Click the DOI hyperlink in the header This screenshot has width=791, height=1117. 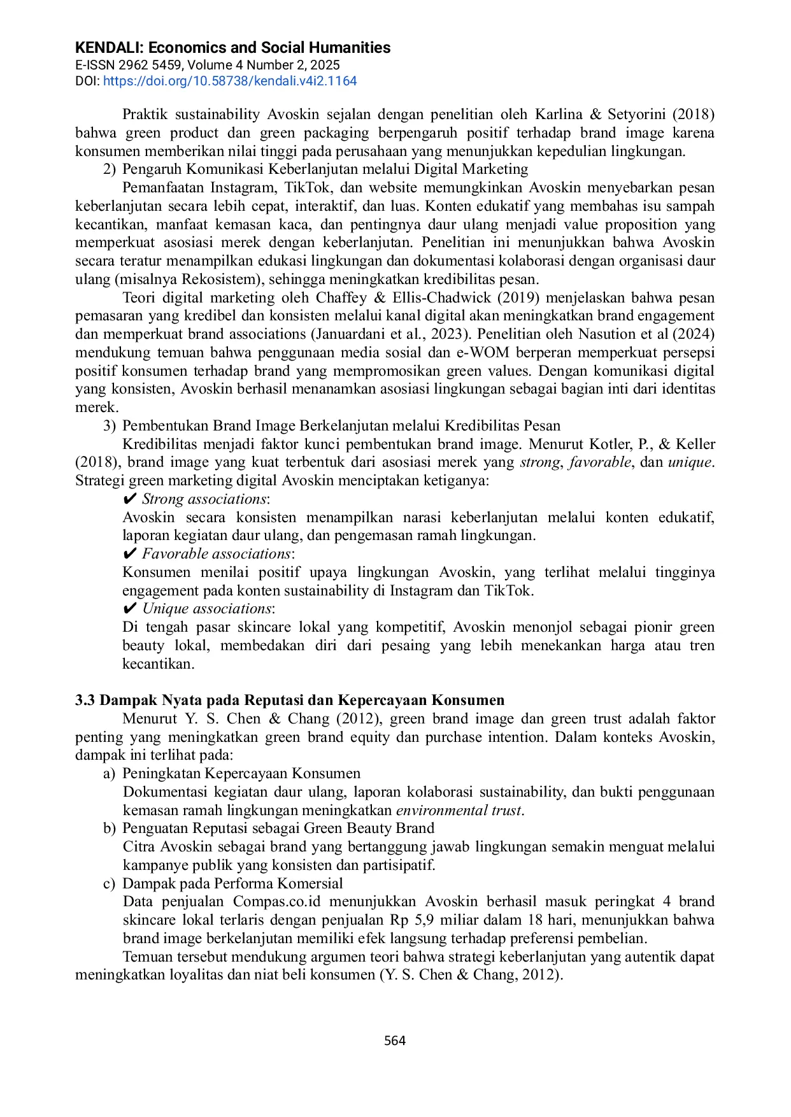(230, 81)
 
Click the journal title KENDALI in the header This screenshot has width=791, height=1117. (109, 48)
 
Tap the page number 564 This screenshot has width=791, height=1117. (395, 1041)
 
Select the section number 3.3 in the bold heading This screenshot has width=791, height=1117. (85, 701)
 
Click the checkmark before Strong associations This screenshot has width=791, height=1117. (129, 499)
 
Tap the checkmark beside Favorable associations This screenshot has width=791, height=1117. (129, 553)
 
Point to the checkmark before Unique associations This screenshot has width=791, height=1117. (129, 609)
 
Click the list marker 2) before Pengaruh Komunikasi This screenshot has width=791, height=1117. (109, 169)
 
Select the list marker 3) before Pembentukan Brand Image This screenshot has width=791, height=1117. (109, 426)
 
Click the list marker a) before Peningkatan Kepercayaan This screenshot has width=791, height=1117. (109, 774)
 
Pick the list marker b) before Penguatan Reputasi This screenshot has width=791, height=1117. (109, 829)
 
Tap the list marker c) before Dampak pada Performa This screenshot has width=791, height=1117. (109, 884)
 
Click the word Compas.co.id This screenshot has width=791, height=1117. (276, 902)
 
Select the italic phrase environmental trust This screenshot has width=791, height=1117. (459, 811)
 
